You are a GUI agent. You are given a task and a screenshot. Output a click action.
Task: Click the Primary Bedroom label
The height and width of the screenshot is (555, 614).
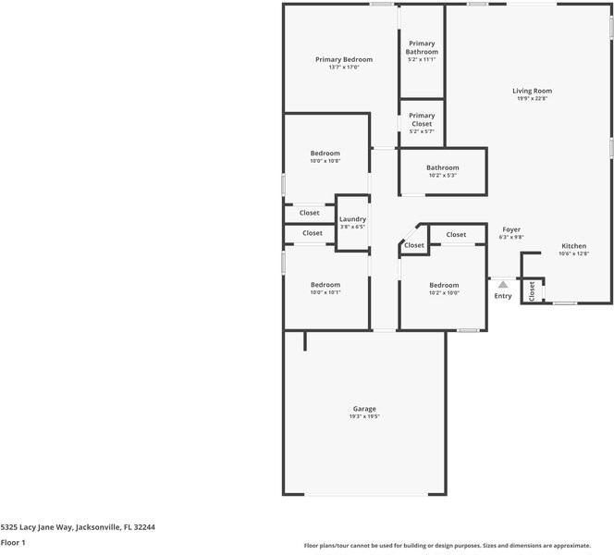344,59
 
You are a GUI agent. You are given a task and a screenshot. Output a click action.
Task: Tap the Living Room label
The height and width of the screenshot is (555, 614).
533,91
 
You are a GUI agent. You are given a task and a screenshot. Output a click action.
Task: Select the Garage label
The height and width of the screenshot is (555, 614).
364,409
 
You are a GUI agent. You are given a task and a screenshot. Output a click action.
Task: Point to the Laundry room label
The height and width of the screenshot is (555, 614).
352,219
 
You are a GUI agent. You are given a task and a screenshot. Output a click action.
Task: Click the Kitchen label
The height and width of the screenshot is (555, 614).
573,246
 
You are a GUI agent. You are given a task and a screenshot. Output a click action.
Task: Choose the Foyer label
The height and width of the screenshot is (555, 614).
511,229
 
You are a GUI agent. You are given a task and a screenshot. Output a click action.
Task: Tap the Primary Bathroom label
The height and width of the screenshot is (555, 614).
422,47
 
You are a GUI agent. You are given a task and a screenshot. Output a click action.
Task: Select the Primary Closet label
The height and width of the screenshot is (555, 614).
422,119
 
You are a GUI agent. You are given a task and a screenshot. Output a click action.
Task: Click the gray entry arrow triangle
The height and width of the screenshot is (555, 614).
503,285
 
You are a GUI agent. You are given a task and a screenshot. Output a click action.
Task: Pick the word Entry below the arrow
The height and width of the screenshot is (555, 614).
503,296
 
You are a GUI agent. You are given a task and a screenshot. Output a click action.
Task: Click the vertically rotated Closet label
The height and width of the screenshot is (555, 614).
532,291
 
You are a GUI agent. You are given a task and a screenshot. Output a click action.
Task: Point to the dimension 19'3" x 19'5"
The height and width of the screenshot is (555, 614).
364,417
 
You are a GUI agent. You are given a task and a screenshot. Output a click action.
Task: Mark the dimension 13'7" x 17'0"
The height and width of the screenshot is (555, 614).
344,68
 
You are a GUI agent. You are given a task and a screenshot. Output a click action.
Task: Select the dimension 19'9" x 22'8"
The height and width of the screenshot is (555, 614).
533,99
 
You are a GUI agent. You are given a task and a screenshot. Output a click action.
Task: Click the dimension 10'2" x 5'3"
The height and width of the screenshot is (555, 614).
443,176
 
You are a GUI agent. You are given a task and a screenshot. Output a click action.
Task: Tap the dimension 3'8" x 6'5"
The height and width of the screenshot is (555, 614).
352,227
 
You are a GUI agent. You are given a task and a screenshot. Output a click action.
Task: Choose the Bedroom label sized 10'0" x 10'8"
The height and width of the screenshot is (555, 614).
325,153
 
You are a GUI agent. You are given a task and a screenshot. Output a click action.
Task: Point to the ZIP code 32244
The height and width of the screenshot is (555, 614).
143,526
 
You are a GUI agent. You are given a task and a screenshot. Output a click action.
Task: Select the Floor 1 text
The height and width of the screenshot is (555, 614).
13,542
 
